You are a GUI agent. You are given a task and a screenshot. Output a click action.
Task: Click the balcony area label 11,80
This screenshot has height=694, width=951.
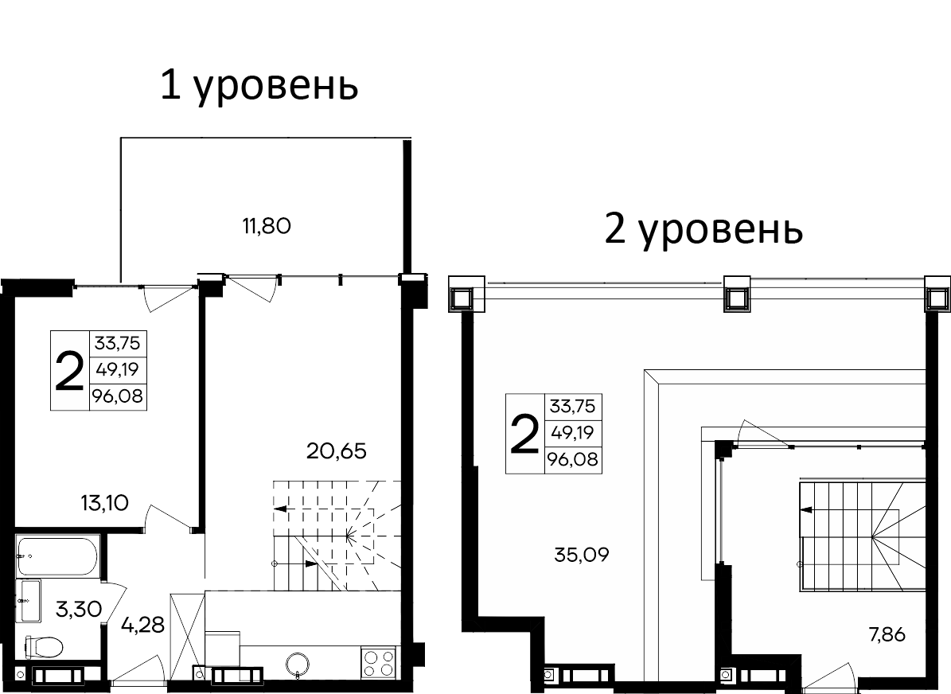[x=267, y=227]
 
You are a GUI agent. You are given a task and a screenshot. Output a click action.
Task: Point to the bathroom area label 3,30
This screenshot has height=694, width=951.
[x=79, y=610]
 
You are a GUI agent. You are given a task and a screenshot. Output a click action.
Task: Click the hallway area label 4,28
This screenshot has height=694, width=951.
[x=142, y=624]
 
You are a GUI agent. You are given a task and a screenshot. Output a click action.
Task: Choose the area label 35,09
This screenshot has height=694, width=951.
[x=581, y=555]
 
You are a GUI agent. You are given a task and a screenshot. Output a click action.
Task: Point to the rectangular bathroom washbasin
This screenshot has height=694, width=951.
[x=29, y=601]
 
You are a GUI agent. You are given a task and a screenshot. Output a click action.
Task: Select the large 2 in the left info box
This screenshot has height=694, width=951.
[x=70, y=370]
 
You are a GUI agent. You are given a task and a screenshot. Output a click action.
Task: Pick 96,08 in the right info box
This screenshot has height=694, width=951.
[x=572, y=459]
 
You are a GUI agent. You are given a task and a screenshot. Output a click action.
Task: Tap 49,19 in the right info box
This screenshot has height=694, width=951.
[x=572, y=433]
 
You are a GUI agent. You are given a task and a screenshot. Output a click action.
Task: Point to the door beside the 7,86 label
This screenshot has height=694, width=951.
[x=832, y=675]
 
